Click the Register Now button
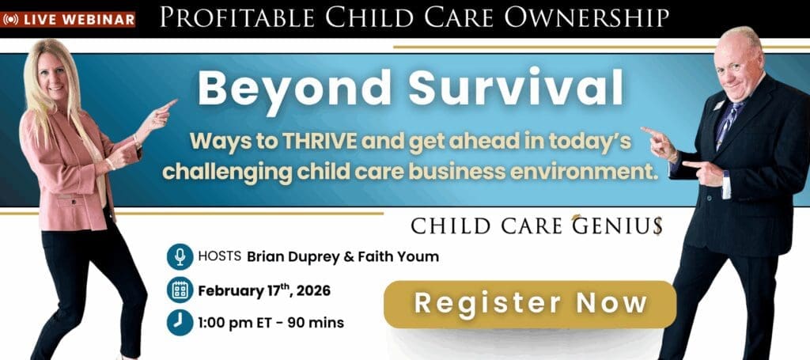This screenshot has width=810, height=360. (x=529, y=304)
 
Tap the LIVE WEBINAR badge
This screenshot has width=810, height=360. (x=68, y=20)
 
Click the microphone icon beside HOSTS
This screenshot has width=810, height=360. (x=180, y=256)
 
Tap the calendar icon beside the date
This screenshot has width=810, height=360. (x=180, y=290)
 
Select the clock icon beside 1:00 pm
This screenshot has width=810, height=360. (x=180, y=323)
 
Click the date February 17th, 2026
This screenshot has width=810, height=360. (x=264, y=291)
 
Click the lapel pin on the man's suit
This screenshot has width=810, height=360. (x=718, y=105)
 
